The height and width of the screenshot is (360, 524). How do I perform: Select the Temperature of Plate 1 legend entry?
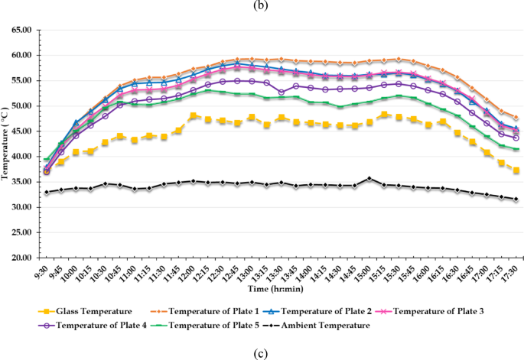click(x=215, y=311)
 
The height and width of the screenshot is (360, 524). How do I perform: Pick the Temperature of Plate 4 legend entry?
click(x=100, y=325)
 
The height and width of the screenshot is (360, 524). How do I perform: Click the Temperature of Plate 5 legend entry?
click(x=220, y=325)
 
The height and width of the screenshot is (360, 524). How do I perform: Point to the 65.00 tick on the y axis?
click(x=21, y=31)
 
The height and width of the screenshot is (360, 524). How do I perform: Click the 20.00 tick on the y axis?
click(x=21, y=258)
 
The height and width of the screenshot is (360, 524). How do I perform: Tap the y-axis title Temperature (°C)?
click(x=6, y=144)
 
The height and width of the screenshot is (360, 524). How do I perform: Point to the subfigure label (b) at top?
click(x=262, y=6)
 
